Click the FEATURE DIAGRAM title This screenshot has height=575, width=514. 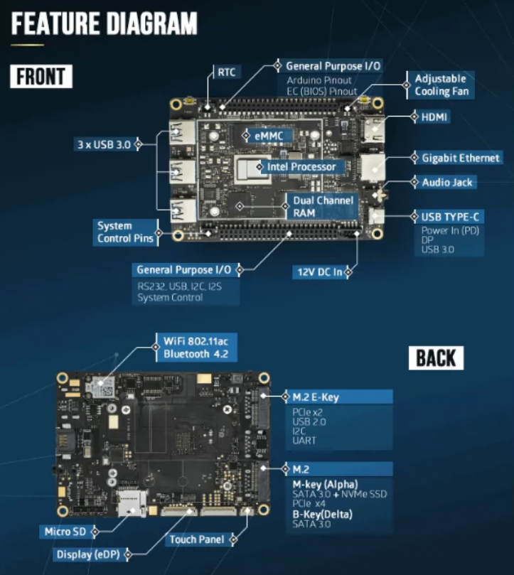pos(105,23)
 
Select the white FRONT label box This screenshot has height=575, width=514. pos(41,76)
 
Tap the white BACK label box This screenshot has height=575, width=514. pos(436,358)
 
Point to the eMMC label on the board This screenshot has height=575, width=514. pos(264,135)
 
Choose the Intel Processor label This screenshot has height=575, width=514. pos(301,167)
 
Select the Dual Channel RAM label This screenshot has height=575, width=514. pos(323,206)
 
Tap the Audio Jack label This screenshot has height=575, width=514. pos(447,183)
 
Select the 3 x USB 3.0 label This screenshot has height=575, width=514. pos(104,144)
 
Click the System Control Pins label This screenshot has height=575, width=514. pos(124,232)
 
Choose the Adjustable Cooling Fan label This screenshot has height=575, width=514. pos(441,85)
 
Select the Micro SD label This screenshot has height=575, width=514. pos(65,531)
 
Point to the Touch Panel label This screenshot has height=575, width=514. pos(196,539)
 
